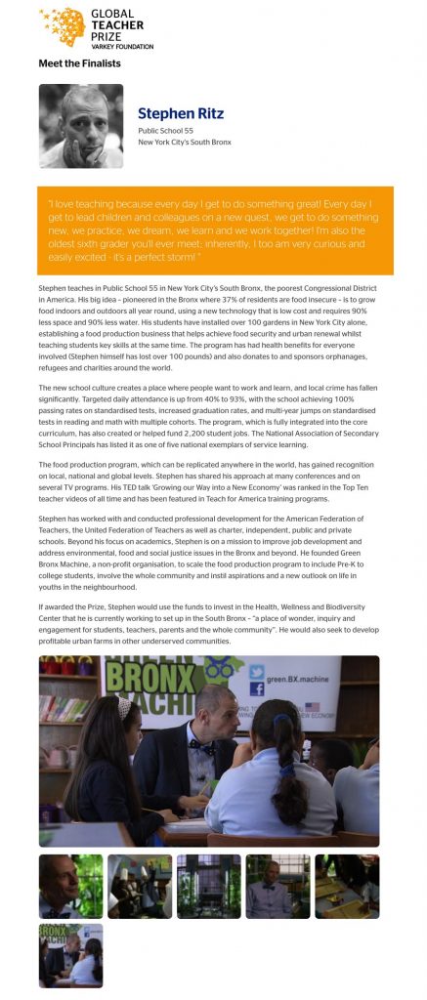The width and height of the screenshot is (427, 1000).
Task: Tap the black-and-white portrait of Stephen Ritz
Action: (81, 126)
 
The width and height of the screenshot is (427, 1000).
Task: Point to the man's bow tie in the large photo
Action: (202, 744)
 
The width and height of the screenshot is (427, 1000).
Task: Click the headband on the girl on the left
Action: (124, 705)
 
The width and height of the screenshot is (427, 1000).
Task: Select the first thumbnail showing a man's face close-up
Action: (71, 887)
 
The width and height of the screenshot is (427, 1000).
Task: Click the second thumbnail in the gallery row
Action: (140, 887)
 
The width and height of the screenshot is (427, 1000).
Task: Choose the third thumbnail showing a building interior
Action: (209, 887)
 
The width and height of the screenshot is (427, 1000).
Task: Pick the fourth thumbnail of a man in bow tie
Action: (278, 887)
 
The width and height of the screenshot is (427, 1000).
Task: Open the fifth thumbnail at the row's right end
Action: (347, 887)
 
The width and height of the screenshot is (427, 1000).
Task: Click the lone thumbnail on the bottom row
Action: (71, 955)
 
